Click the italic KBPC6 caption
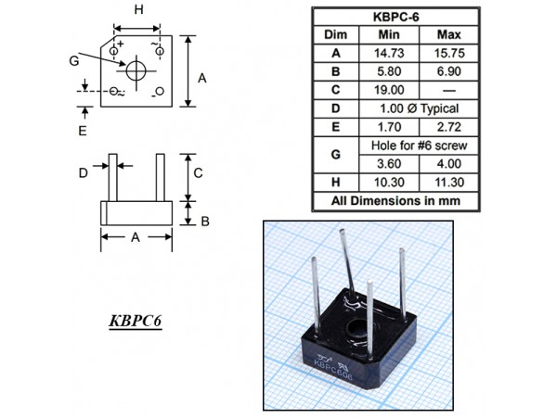click(135, 323)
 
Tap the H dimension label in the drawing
click(137, 10)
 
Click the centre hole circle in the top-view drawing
click(136, 70)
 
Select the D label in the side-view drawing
click(82, 172)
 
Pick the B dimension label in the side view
click(204, 222)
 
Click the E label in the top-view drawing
click(82, 132)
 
